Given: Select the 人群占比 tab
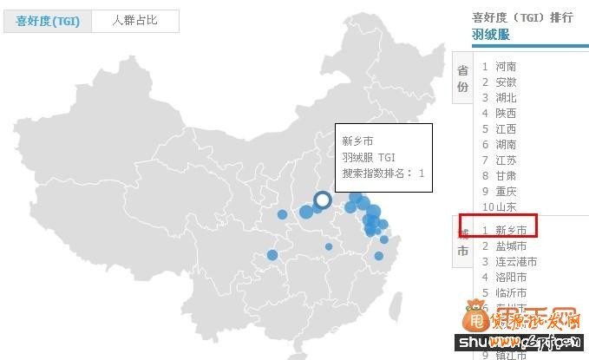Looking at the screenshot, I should click(134, 21).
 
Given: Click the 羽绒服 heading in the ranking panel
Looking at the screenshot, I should click(491, 34).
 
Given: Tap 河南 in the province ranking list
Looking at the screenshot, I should click(506, 66).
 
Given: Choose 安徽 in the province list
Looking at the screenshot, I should click(506, 82).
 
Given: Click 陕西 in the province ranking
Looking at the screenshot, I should click(506, 113).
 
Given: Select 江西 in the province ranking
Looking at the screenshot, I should click(506, 128).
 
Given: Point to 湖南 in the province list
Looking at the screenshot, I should click(506, 144).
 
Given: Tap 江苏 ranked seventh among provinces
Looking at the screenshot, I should click(506, 160).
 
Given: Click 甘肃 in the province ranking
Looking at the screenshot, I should click(506, 175).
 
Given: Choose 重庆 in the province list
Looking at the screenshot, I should click(506, 191).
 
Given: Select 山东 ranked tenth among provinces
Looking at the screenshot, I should click(506, 206).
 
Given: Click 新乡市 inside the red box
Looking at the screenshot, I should click(511, 230).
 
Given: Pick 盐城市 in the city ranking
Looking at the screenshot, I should click(511, 245).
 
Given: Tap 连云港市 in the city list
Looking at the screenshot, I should click(516, 261).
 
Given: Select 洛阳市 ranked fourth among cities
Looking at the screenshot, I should click(511, 277).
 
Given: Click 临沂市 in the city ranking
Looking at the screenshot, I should click(511, 292).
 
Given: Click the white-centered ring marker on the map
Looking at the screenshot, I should click(323, 200).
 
